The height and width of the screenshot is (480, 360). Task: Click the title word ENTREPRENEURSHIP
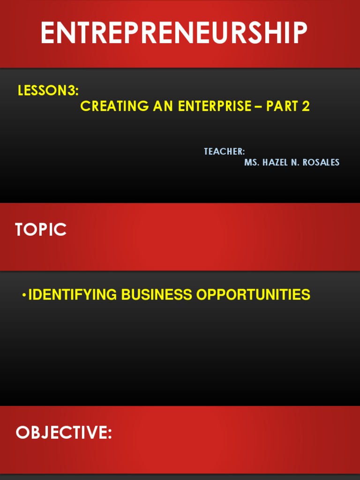(173, 33)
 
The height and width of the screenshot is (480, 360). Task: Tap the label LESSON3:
(48, 91)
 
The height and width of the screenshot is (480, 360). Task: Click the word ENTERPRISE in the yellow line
(214, 106)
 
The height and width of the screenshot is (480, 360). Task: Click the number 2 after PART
(306, 106)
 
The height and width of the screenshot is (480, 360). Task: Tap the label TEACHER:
(224, 151)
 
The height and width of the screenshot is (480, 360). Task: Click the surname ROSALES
(321, 163)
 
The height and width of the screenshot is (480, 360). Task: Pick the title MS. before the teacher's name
(252, 163)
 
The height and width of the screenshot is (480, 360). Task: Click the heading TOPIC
(41, 230)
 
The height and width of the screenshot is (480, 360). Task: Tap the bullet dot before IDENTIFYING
(24, 295)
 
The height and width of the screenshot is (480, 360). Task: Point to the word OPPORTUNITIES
(253, 295)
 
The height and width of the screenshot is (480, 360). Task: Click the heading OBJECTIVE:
(64, 433)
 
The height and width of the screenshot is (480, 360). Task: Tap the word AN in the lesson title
(164, 106)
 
